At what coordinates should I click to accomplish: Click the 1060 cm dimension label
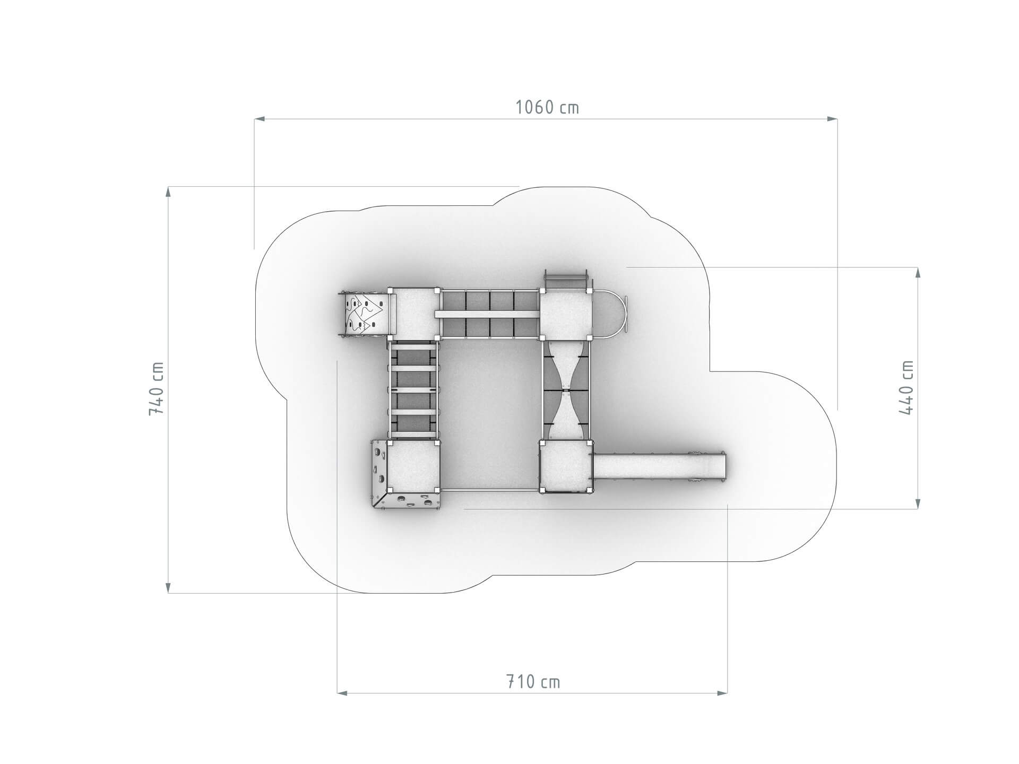547,108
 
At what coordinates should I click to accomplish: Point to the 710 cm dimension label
532,681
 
